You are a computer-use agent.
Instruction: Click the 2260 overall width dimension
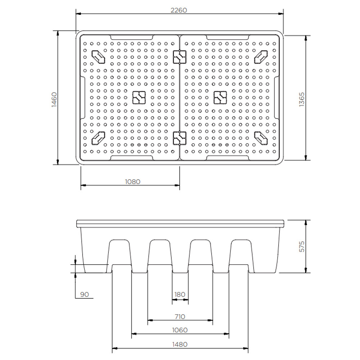point(179,10)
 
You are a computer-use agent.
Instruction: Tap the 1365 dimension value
point(302,99)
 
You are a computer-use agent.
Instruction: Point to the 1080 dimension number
point(132,181)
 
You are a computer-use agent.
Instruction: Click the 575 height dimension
point(302,246)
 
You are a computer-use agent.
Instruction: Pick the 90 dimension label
point(84,294)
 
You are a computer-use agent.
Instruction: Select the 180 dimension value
point(180,294)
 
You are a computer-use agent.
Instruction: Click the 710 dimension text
point(180,316)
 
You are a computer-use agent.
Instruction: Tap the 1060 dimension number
point(180,330)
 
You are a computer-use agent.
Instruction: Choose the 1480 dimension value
point(180,344)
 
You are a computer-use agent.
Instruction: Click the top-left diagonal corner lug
point(98,56)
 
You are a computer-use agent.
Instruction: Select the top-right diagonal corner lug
point(261,56)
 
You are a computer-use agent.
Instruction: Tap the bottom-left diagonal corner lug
point(98,137)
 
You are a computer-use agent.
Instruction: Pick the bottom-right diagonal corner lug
point(261,137)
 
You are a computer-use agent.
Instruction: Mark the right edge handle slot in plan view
point(276,97)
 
